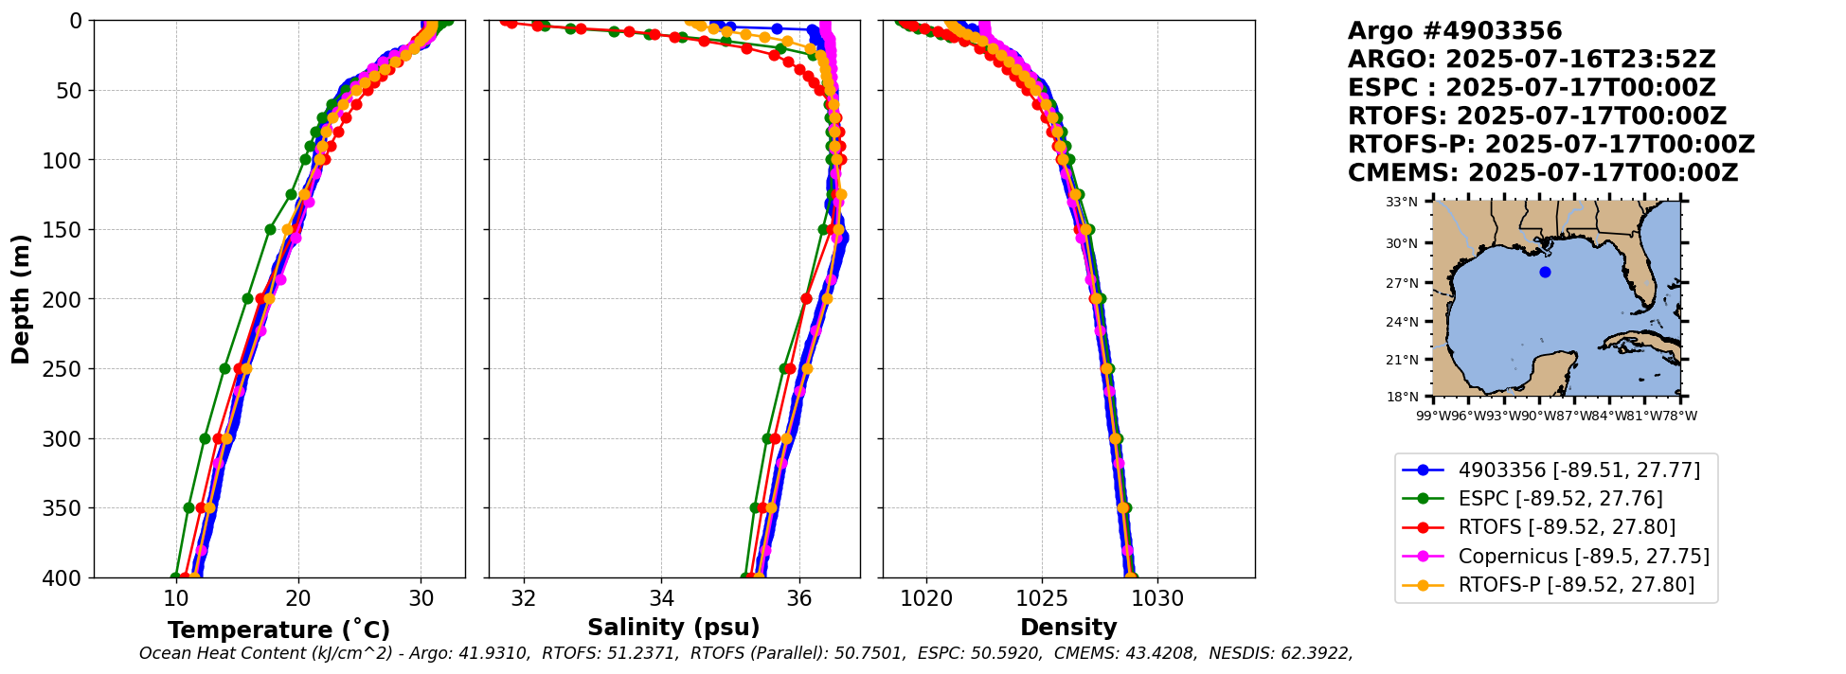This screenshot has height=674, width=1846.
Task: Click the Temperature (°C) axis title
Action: [278, 630]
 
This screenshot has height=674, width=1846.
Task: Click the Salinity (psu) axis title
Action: [673, 628]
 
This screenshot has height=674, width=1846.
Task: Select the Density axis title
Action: [1068, 628]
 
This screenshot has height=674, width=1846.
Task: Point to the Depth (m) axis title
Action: [21, 299]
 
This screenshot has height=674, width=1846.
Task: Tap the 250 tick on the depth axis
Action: [70, 369]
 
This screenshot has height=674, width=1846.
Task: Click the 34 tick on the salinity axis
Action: [661, 599]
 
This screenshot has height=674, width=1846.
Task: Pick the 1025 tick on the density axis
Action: [1042, 599]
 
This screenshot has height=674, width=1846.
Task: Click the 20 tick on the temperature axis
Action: [298, 599]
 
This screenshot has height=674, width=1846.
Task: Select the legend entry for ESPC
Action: [1560, 499]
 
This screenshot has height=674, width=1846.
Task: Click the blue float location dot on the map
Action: [1545, 272]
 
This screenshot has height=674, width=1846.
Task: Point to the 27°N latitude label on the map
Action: [1402, 283]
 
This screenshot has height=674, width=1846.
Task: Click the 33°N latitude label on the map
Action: [1402, 203]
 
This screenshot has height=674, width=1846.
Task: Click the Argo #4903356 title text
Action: [1455, 31]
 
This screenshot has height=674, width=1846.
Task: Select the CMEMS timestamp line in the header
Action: [1543, 173]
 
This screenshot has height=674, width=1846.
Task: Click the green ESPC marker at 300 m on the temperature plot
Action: [205, 438]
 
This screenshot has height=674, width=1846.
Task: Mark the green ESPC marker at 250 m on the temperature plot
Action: [224, 368]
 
